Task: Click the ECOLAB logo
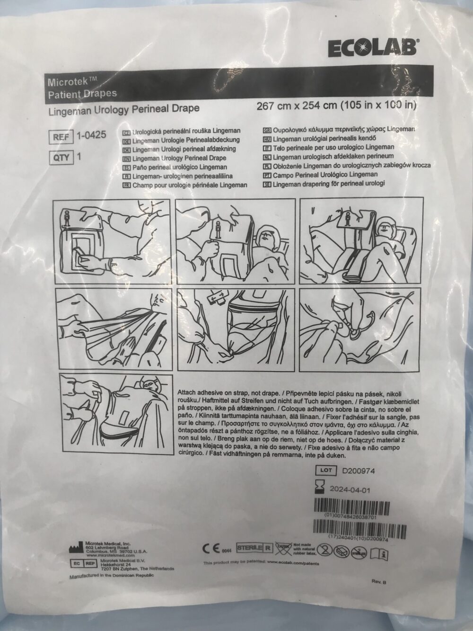click(371, 48)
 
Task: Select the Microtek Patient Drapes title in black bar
click(83, 87)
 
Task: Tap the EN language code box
click(127, 158)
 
